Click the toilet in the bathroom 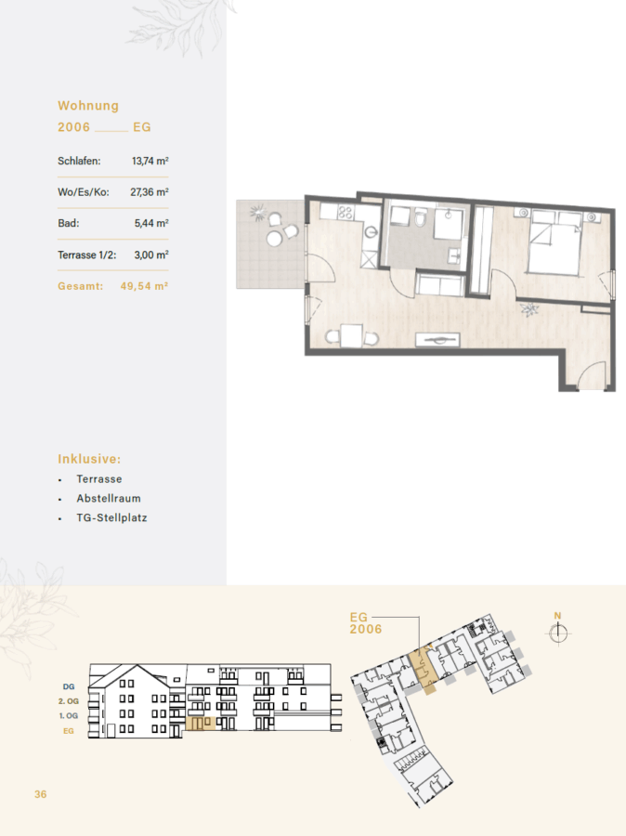(x=421, y=217)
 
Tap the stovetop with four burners (x=345, y=213)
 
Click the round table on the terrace (x=274, y=239)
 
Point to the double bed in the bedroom (x=554, y=242)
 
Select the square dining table (x=352, y=336)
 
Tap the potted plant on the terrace (x=258, y=213)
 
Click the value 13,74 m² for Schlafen (x=150, y=161)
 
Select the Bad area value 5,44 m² (x=151, y=223)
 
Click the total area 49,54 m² (x=144, y=286)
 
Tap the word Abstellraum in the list (x=109, y=499)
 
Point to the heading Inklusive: (x=89, y=459)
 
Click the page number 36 (x=41, y=794)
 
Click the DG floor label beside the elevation (x=69, y=686)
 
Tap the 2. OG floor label (x=68, y=701)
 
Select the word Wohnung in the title (x=88, y=106)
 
